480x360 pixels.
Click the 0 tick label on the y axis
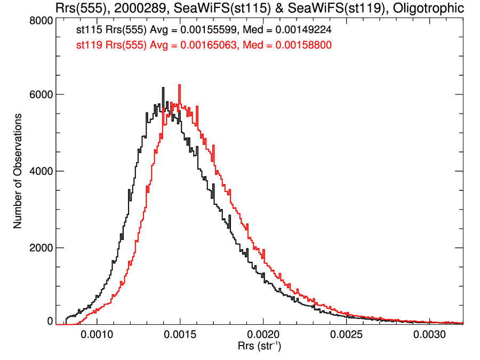point(50,322)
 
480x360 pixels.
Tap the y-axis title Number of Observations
point(18,171)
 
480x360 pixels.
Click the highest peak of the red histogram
point(179,85)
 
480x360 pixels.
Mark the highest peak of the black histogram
point(162,88)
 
